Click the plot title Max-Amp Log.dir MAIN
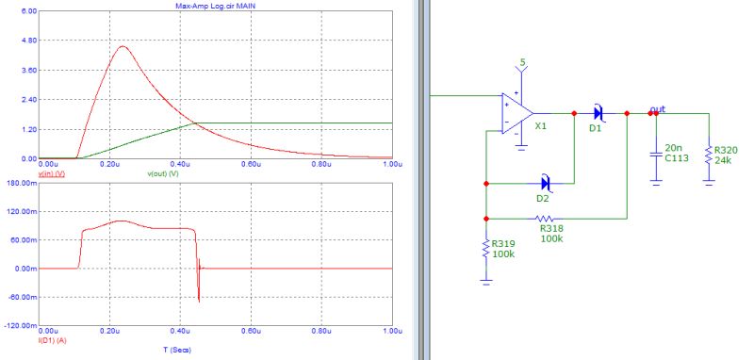pos(215,5)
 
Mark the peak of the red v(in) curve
pos(121,45)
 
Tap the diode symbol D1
pos(598,113)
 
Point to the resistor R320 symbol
pos(708,153)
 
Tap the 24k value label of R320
pos(723,160)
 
